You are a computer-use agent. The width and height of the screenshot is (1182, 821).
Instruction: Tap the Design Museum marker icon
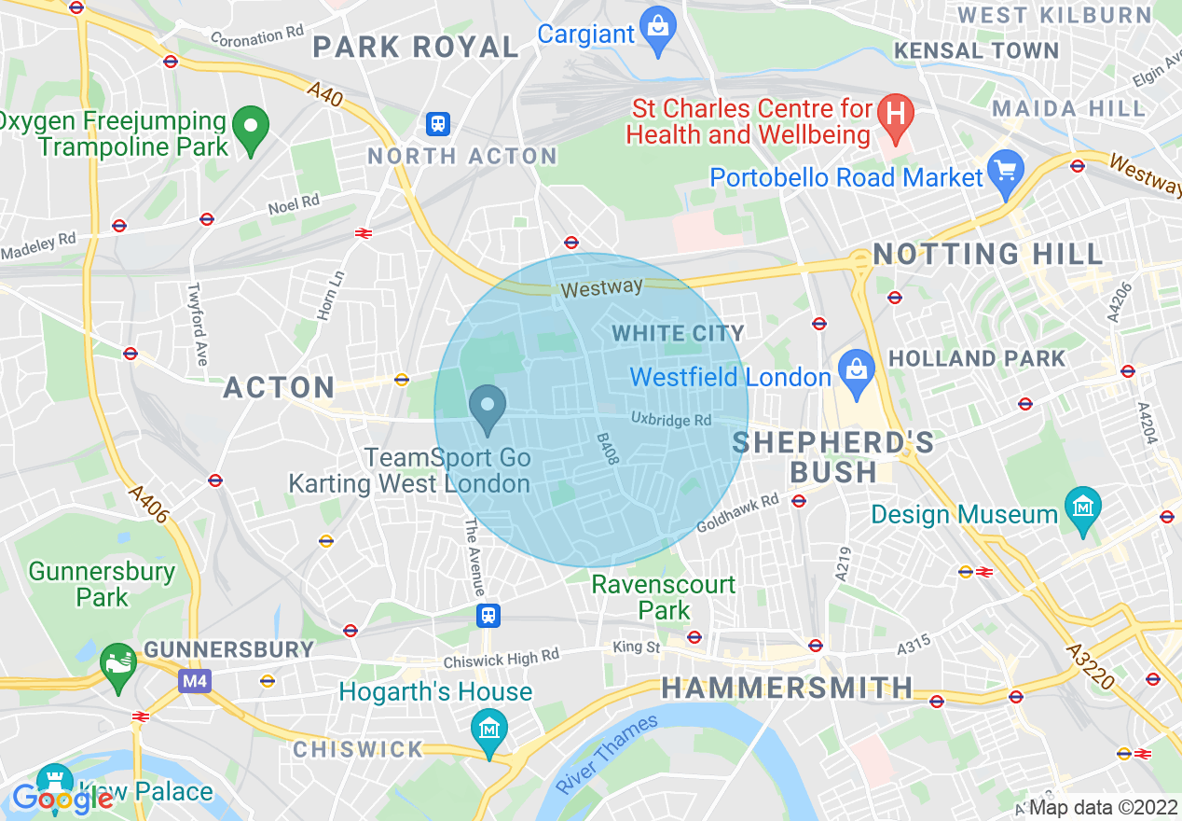coord(1083,508)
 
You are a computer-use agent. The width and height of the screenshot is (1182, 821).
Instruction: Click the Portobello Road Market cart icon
coord(1006,173)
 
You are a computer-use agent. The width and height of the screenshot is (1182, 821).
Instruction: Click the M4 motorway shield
coord(195,681)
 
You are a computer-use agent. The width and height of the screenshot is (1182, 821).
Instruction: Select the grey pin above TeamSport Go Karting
coord(487,408)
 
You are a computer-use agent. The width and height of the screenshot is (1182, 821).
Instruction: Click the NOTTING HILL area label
coord(987,254)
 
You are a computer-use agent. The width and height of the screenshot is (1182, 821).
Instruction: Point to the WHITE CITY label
coord(678,333)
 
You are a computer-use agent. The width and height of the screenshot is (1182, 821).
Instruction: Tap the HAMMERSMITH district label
coord(787,689)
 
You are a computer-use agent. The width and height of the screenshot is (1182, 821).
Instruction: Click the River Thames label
coord(607,754)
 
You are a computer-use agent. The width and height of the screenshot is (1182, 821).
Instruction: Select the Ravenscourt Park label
coord(664,597)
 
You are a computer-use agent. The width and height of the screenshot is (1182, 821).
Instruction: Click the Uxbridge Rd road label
coord(670,420)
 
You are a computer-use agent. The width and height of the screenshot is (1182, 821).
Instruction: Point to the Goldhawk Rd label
coord(737,513)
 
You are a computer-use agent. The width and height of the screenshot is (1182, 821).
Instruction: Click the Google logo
coord(62,798)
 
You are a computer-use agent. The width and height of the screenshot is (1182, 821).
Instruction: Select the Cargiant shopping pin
coord(658,26)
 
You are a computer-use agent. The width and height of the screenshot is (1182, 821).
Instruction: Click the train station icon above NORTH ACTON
coord(437,123)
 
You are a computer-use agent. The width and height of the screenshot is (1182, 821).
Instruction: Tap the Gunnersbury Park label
coord(102,583)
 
